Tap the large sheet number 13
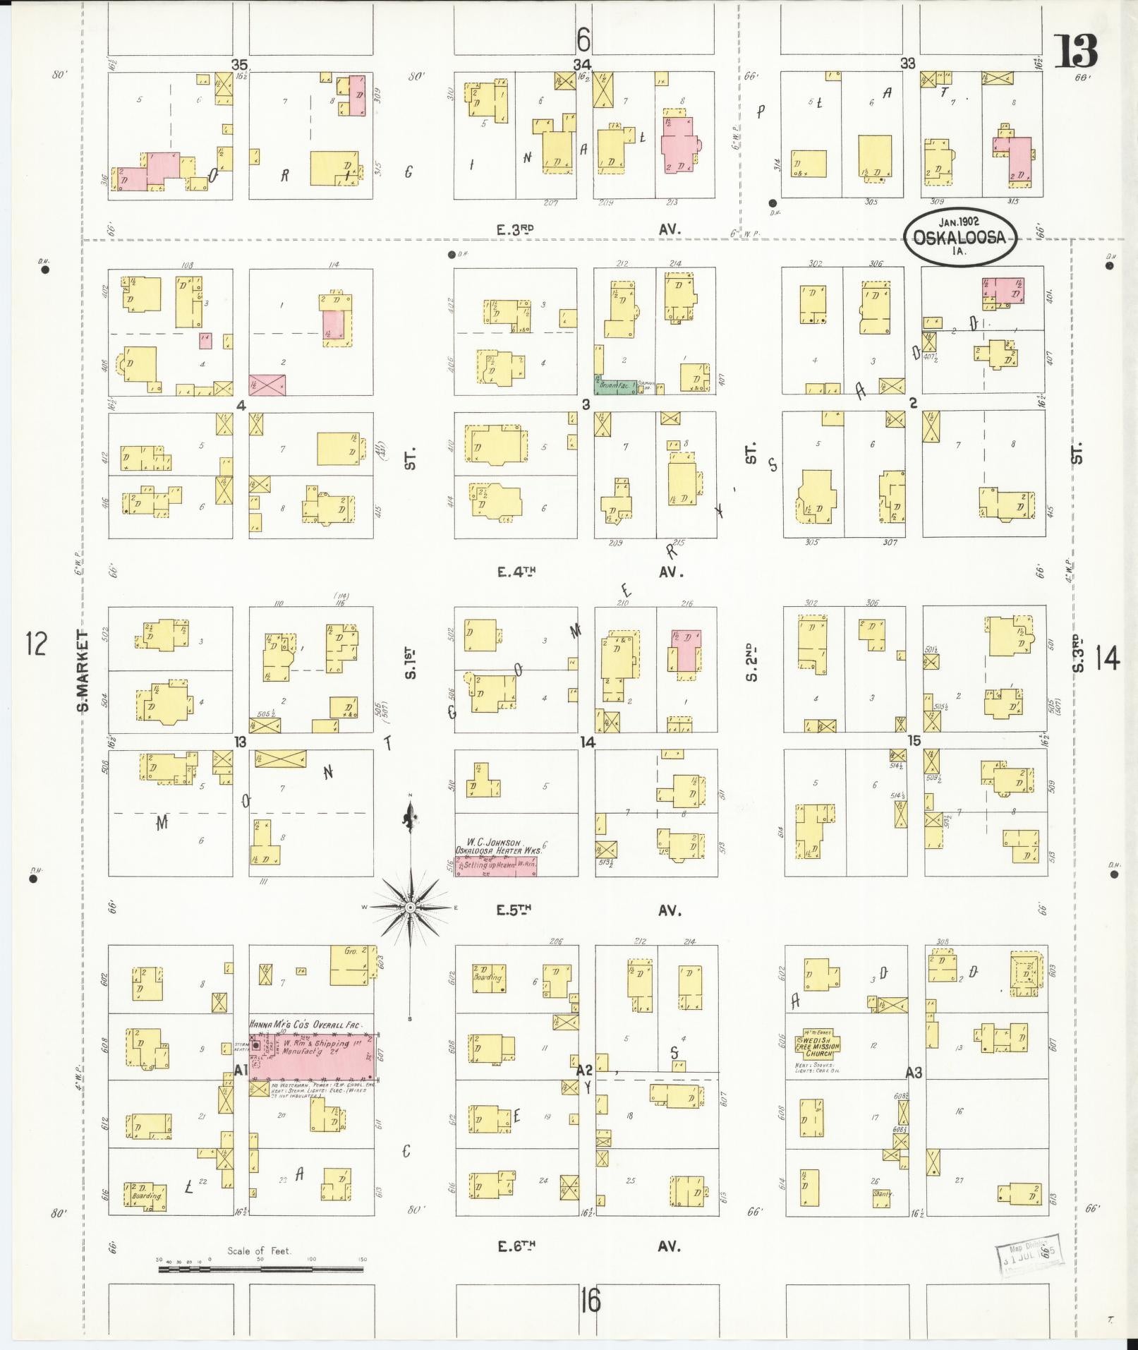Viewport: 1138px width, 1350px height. pos(1075,51)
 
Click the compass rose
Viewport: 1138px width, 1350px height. pos(409,907)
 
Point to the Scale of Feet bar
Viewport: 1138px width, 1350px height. pos(260,1269)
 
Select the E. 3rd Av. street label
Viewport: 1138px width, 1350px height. pos(516,229)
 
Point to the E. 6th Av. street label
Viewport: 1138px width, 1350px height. pos(516,1246)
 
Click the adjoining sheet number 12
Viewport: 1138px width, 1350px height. pos(37,644)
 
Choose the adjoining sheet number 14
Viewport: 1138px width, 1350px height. pos(1107,660)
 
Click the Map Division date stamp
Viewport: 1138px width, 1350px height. pos(1029,1252)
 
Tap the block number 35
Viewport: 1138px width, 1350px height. pos(241,64)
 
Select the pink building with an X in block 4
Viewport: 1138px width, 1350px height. pos(267,385)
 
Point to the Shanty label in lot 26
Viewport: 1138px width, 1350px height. pos(883,1193)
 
